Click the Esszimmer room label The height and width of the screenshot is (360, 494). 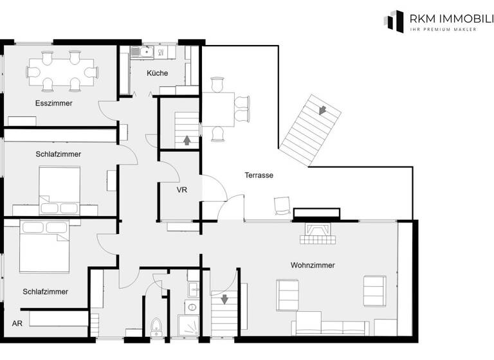tap(54, 103)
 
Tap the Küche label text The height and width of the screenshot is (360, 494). tap(157, 73)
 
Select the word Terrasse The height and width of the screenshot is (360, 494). tap(259, 175)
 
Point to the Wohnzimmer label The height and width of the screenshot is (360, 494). tap(313, 265)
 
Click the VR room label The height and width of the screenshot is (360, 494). tap(182, 191)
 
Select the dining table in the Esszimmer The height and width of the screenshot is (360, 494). tap(62, 71)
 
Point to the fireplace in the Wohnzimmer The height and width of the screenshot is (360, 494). tap(316, 233)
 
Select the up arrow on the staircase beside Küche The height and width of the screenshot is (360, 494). tap(187, 139)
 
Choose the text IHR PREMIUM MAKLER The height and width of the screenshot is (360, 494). tap(443, 30)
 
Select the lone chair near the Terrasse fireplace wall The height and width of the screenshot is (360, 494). tap(282, 204)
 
